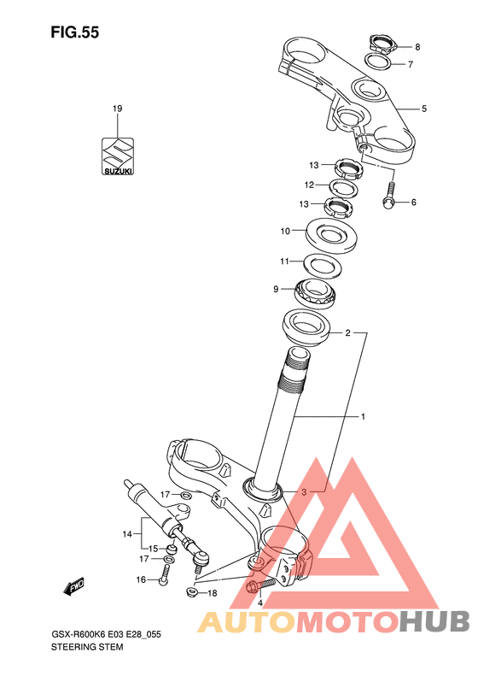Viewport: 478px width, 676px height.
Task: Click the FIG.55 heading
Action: [x=75, y=32]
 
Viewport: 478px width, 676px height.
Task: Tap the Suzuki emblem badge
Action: [x=118, y=156]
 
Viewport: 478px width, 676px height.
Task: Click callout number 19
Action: [x=118, y=109]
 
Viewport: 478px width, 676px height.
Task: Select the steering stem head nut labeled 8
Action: [x=382, y=44]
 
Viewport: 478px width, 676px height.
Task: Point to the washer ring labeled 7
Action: [x=379, y=62]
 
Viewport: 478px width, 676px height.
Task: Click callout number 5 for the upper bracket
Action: [x=424, y=109]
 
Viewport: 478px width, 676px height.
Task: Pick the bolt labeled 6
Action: [x=389, y=196]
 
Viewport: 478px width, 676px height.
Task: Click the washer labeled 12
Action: [x=344, y=187]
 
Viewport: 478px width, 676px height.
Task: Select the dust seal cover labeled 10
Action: [x=331, y=235]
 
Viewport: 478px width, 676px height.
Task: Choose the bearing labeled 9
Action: [x=314, y=293]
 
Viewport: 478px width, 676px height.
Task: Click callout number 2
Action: [x=348, y=332]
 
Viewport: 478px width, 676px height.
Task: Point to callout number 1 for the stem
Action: [x=363, y=417]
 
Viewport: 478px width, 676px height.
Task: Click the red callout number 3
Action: [x=304, y=492]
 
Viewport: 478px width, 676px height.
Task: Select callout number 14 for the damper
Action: [x=127, y=534]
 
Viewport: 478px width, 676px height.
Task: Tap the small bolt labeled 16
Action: [x=164, y=574]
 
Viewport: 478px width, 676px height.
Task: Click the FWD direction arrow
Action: [x=73, y=586]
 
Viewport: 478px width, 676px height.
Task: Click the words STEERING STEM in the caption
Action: [x=87, y=647]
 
